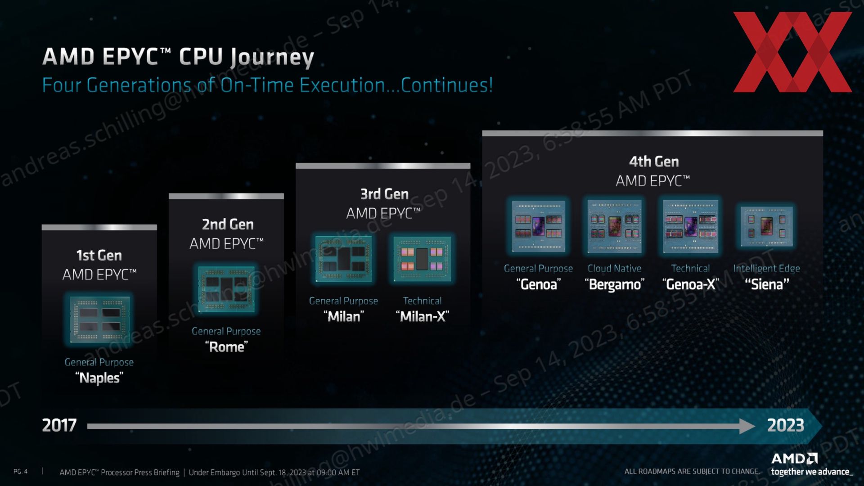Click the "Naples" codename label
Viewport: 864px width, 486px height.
coord(99,378)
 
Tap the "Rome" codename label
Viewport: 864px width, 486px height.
coord(226,347)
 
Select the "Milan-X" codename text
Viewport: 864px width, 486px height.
coord(422,316)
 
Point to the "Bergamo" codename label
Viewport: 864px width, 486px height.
coord(614,284)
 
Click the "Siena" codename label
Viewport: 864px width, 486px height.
coord(767,284)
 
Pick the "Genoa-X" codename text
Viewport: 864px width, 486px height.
coord(691,284)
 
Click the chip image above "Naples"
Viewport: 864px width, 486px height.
coord(99,319)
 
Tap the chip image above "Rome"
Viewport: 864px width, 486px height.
coord(226,289)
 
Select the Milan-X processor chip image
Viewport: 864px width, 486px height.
coord(422,259)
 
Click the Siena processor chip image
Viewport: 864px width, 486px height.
coord(767,226)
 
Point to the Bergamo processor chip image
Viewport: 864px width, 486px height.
coord(615,226)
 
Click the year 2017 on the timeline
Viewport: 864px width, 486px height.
coord(59,425)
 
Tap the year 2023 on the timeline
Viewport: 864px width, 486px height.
coord(785,425)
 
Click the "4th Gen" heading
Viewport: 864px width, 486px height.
coord(653,162)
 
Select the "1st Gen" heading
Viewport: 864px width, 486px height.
coord(99,256)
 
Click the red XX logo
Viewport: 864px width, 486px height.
coord(792,52)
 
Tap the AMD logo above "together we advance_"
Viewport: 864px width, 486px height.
coord(795,459)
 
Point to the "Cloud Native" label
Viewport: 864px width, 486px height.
coord(614,269)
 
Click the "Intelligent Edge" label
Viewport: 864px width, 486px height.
coord(766,269)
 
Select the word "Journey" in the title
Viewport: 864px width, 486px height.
coord(272,58)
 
